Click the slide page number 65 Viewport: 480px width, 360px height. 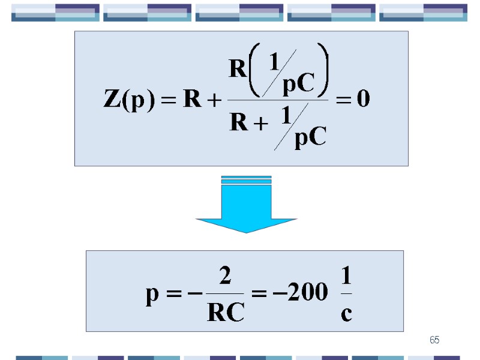click(434, 340)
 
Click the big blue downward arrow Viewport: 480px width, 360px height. click(247, 207)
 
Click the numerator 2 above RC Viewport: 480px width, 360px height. click(225, 277)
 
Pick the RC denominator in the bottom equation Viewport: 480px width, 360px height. click(225, 312)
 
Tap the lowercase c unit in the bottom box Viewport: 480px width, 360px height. click(346, 313)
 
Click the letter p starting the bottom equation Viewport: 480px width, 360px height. click(152, 295)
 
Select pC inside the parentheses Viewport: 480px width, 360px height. click(298, 86)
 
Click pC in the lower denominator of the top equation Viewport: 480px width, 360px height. click(310, 139)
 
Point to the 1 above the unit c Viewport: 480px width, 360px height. click(346, 277)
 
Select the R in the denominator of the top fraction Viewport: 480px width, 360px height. click(239, 124)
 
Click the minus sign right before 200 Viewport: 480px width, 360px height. click(284, 293)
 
